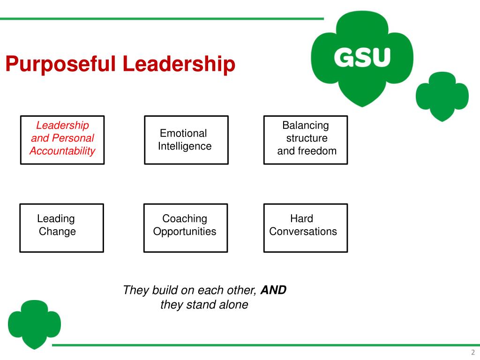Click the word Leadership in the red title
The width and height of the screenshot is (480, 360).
(179, 64)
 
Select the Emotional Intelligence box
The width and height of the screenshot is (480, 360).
(186, 140)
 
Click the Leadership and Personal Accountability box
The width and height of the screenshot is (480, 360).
(62, 140)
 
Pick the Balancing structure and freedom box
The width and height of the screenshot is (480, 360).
(306, 140)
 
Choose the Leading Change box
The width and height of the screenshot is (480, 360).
(61, 228)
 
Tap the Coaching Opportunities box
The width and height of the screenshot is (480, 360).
(185, 228)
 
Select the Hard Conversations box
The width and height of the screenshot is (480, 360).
(306, 228)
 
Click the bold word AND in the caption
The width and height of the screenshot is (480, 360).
(273, 290)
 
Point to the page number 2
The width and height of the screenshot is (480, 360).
(473, 353)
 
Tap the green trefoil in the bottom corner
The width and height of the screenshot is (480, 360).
(35, 324)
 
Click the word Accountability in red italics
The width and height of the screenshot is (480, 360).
(62, 151)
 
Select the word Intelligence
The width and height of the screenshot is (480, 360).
(185, 146)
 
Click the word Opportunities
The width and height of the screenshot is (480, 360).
(185, 232)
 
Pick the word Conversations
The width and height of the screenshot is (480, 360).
(303, 232)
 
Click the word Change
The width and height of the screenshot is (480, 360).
(57, 232)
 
